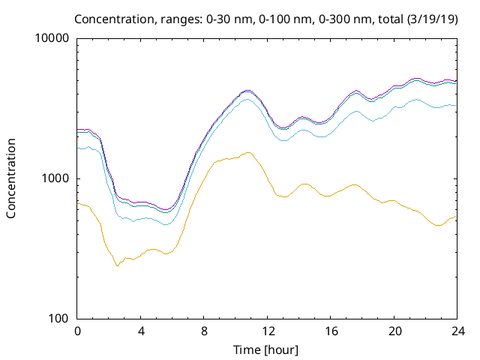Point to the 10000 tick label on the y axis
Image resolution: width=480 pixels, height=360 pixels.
(52, 39)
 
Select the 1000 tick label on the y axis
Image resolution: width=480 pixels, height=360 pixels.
(55, 178)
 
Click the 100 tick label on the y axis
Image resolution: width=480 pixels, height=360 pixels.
(58, 319)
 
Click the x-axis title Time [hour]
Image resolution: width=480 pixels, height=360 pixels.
(266, 349)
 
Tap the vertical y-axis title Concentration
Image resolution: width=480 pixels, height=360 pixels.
(11, 178)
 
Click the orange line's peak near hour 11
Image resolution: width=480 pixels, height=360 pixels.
(247, 152)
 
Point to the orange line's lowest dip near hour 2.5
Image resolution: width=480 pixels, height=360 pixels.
(117, 265)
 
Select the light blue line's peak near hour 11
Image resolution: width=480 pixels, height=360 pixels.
(247, 100)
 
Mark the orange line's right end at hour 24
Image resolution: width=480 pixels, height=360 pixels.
(455, 217)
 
